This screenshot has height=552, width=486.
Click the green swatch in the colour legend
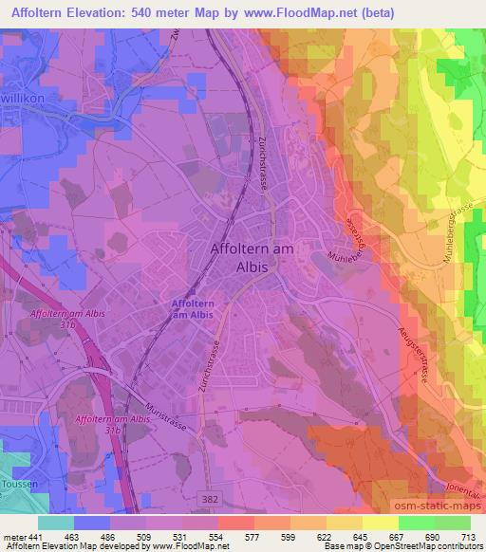[417, 522]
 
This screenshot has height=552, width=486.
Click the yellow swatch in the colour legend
[380, 522]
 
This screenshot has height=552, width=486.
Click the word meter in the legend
[12, 536]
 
